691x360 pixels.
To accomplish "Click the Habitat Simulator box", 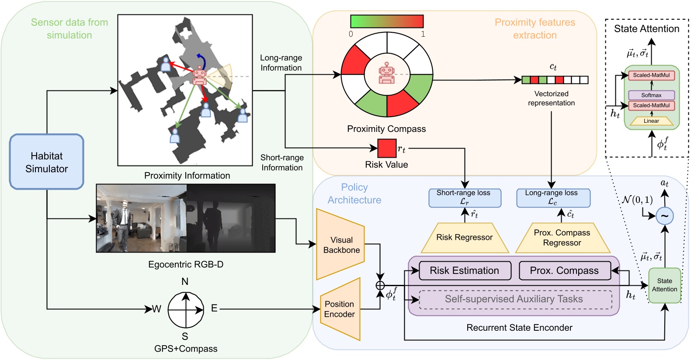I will click(x=47, y=162).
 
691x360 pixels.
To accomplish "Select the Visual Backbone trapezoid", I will click(x=341, y=245).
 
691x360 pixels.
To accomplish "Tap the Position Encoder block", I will click(x=340, y=309).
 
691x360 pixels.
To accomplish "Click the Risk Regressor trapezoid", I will click(x=465, y=238).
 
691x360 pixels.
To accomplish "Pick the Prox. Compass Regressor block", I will click(x=562, y=238).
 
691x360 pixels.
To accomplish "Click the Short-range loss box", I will click(x=465, y=197).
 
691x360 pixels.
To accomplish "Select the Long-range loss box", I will click(x=553, y=197).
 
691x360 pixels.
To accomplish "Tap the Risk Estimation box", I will click(x=465, y=271).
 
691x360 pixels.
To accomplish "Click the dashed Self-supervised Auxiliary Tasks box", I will click(x=515, y=299).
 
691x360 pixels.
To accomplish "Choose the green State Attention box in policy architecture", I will click(x=664, y=285).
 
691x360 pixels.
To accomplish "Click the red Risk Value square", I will click(x=386, y=148).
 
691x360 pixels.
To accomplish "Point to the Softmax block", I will click(x=651, y=95).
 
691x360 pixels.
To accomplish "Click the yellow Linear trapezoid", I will click(x=651, y=121).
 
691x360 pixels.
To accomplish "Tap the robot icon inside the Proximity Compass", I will click(x=387, y=73).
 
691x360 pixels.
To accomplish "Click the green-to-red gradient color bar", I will click(x=387, y=21).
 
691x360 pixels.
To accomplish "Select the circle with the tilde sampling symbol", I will click(x=664, y=215).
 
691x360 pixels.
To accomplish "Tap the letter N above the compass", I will click(x=185, y=282).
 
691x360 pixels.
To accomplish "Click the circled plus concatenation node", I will click(x=380, y=285).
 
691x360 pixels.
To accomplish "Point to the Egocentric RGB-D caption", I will click(x=186, y=264).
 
